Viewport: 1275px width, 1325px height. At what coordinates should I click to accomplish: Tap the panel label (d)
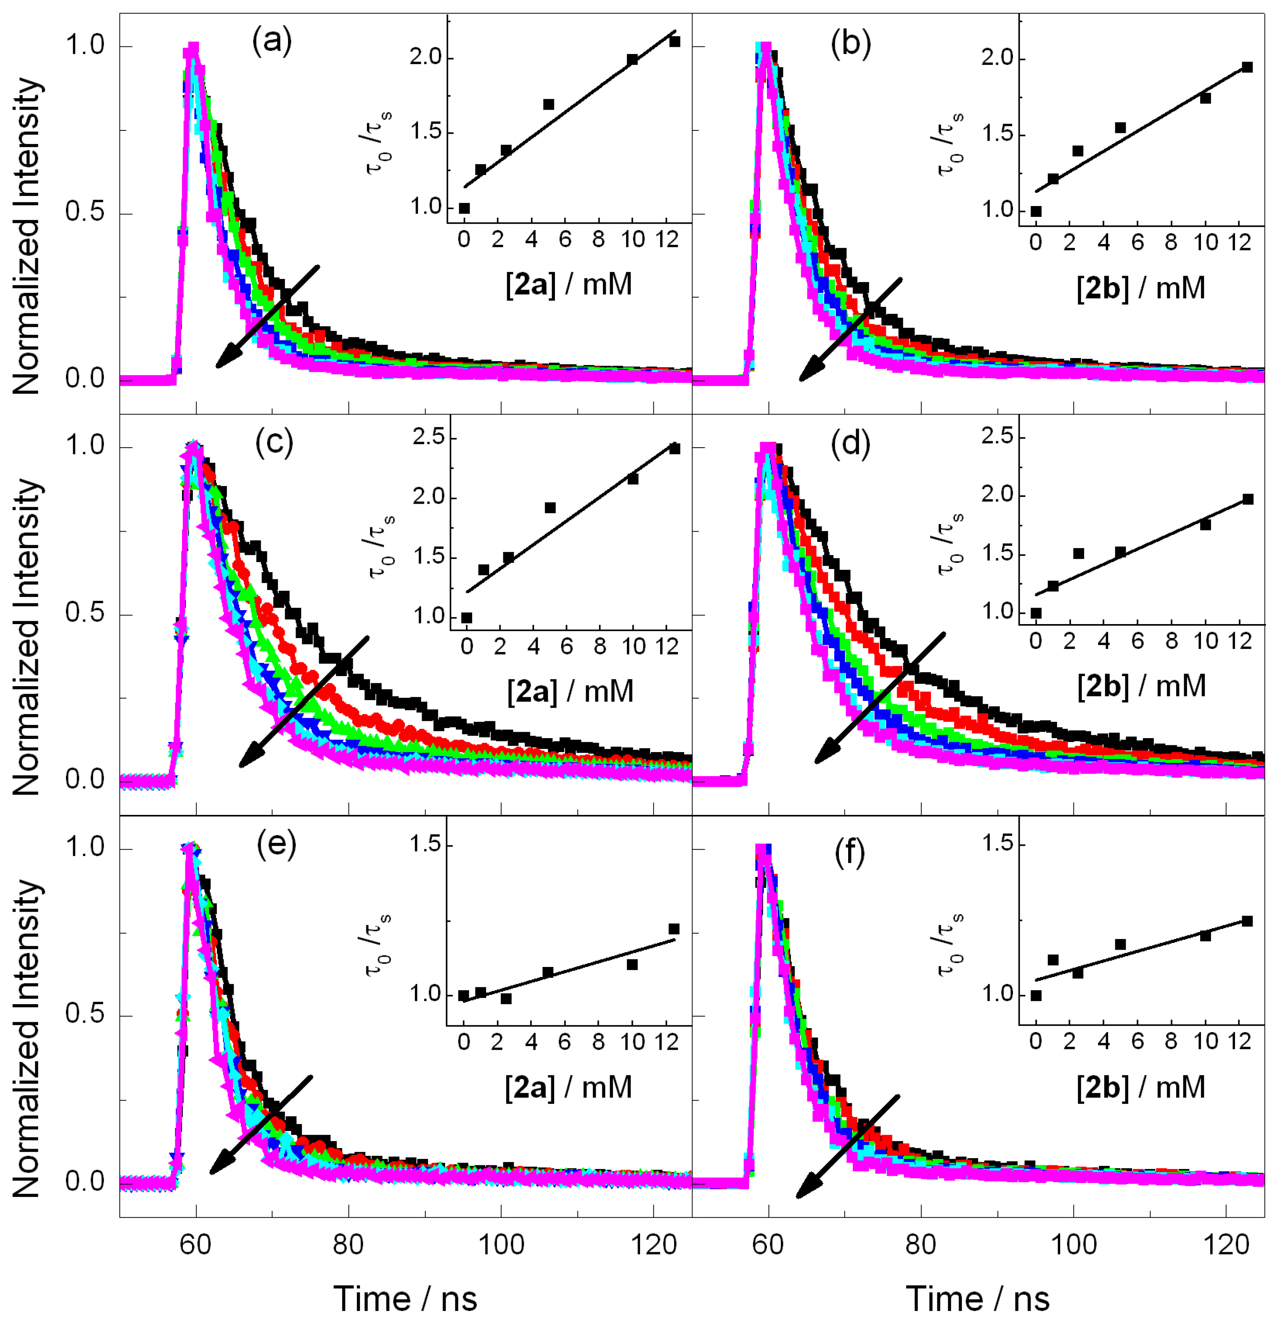(850, 444)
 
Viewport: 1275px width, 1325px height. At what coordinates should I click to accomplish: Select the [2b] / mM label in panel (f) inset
(1141, 1087)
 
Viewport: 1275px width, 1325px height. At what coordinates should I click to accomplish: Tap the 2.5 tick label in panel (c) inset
(428, 437)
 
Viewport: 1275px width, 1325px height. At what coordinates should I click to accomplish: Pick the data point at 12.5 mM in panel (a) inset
(674, 41)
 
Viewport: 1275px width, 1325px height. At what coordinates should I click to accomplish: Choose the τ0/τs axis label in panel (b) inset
(949, 143)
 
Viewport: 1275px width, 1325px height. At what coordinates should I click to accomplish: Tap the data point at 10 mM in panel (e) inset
(632, 964)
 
